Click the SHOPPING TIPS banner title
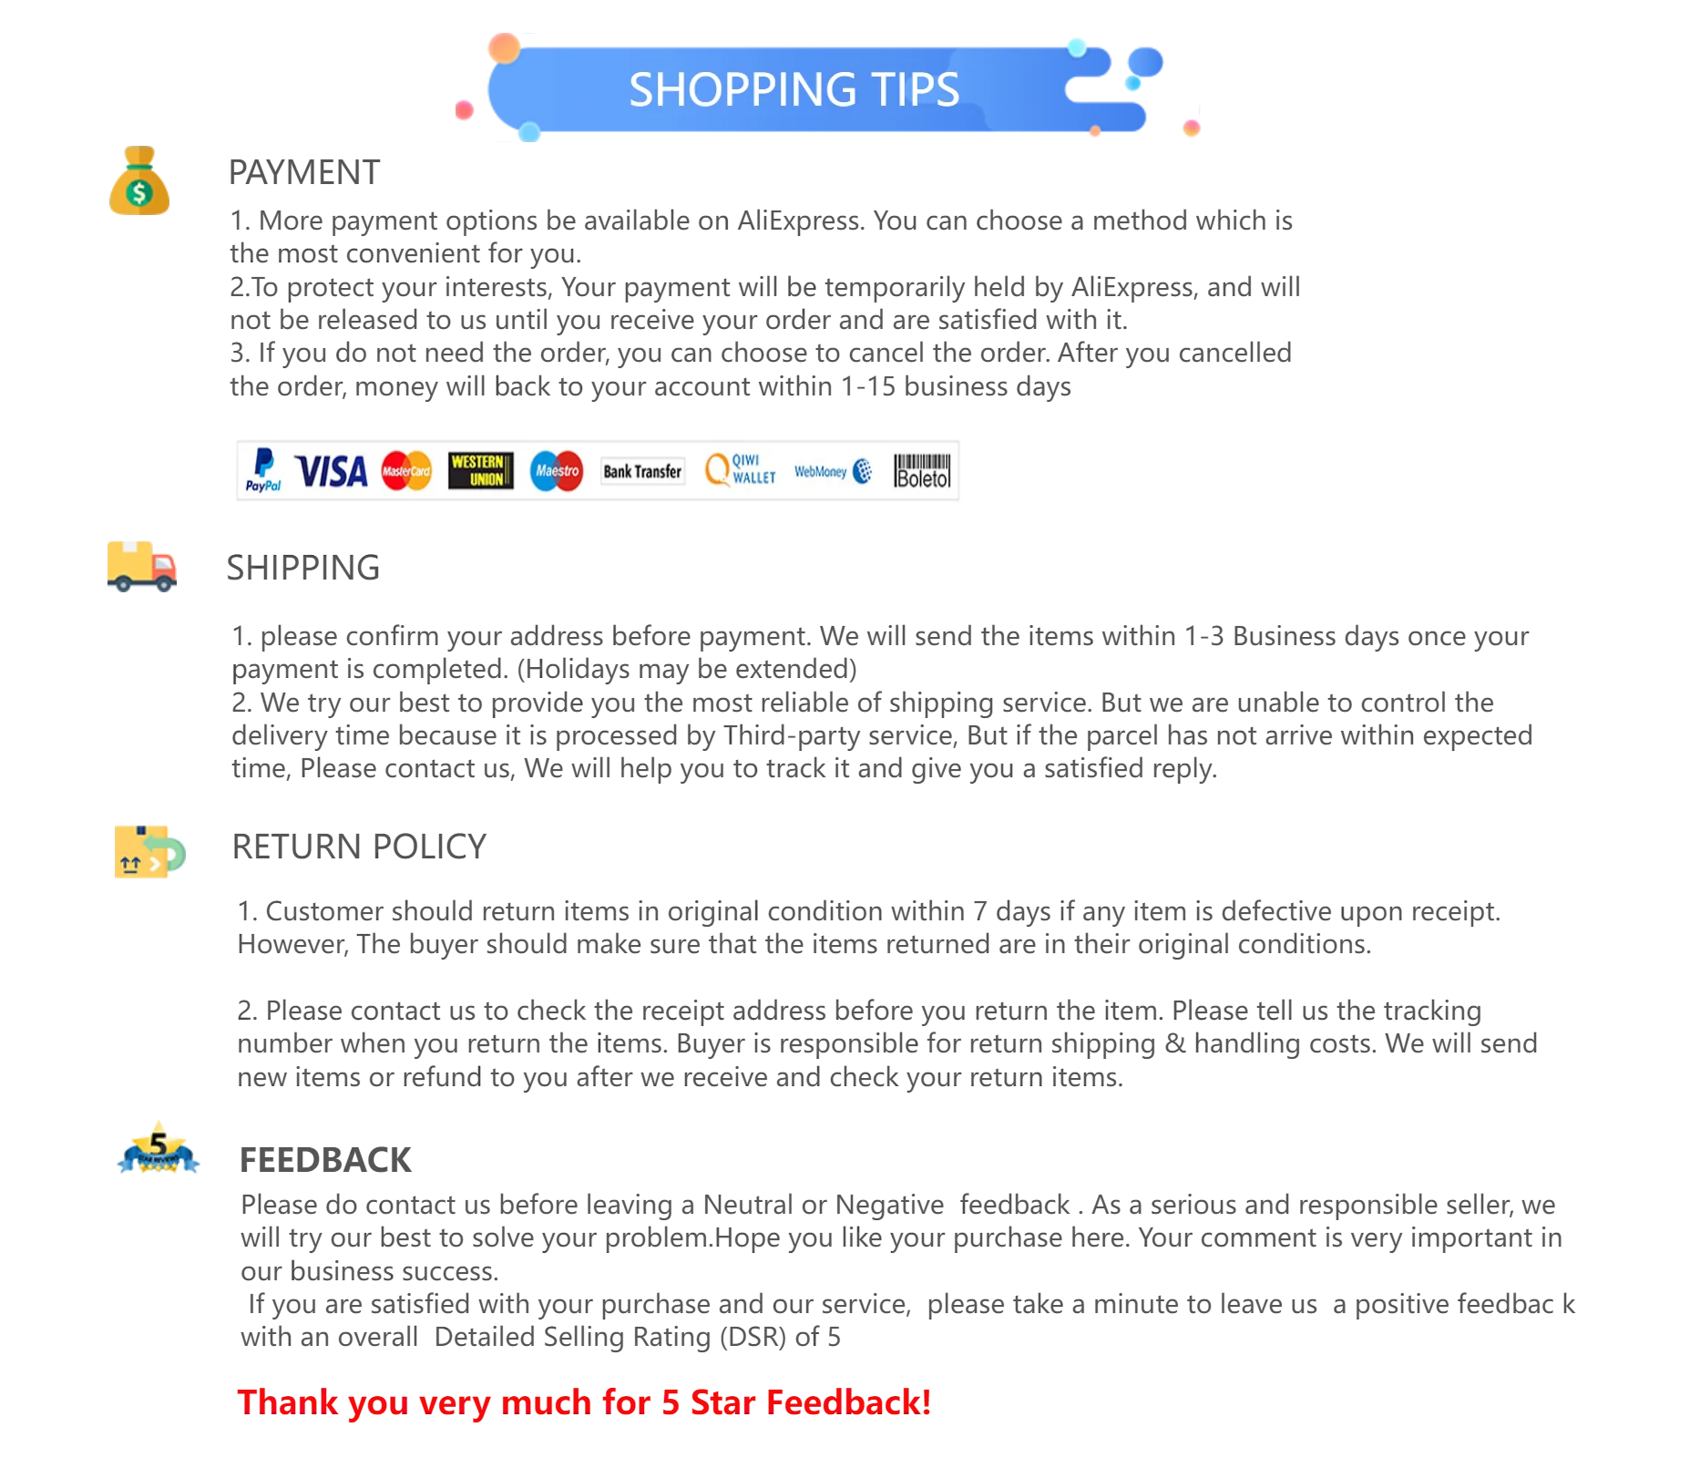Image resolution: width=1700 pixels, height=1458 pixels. pos(794,89)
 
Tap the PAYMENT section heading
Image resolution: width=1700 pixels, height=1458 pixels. pos(303,172)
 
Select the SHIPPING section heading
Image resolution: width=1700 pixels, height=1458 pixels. pos(302,568)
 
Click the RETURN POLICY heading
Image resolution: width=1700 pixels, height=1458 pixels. pos(359,847)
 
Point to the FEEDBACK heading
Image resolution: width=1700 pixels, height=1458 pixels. pos(325,1160)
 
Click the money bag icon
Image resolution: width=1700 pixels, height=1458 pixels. pos(139,180)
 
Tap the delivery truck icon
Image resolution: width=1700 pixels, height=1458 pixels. pos(142,566)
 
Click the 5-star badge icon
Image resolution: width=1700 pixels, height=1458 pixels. pos(159,1147)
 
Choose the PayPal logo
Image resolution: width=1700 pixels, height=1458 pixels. pos(263,470)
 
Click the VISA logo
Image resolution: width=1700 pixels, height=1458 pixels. pos(332,472)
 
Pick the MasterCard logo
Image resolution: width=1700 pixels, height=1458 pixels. pos(406,471)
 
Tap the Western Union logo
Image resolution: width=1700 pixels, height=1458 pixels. pos(480,471)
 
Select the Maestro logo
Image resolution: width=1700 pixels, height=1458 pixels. pos(557,471)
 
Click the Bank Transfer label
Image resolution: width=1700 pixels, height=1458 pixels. pos(642,471)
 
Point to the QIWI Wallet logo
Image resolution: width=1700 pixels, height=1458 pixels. pos(740,470)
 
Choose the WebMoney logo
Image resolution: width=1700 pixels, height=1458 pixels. pos(833,471)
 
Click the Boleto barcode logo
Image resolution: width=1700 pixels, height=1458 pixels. pos(922,471)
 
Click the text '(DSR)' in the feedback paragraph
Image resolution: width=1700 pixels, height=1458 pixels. pos(753,1337)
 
